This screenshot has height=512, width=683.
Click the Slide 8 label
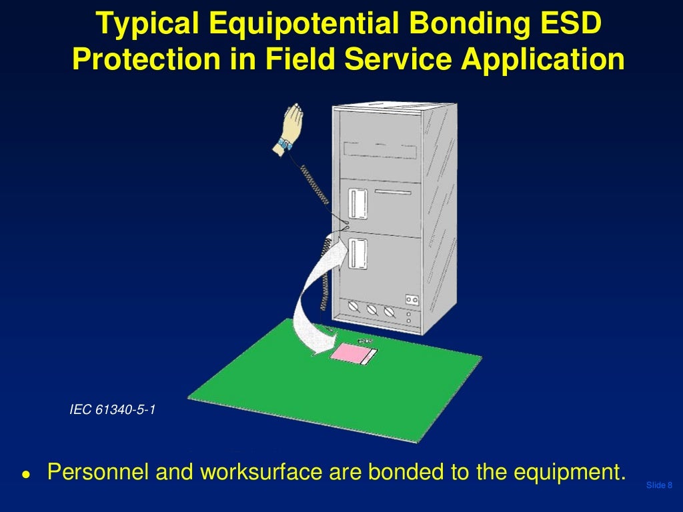[x=659, y=485]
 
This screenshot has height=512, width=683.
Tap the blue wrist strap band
[x=285, y=144]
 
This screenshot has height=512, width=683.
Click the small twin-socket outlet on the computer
[x=412, y=301]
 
